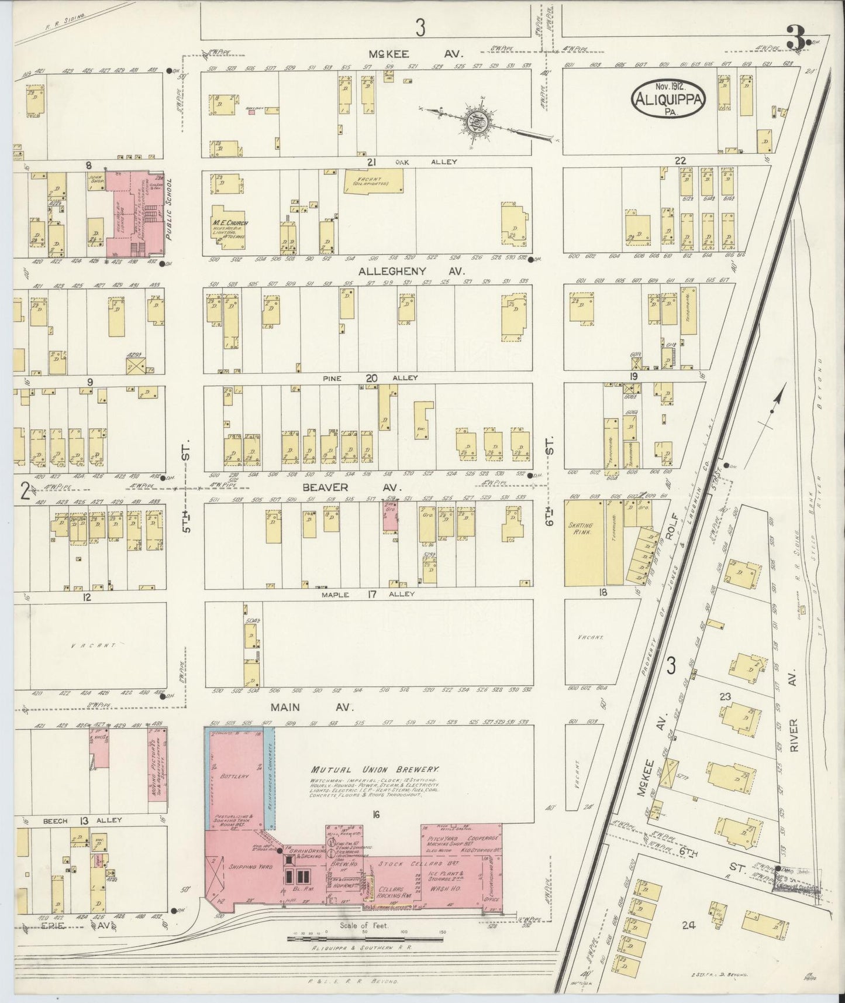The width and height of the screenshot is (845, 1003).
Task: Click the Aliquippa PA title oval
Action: click(668, 98)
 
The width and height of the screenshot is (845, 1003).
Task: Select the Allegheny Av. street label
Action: click(412, 271)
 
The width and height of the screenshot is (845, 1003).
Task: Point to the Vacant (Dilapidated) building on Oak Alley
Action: click(373, 181)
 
